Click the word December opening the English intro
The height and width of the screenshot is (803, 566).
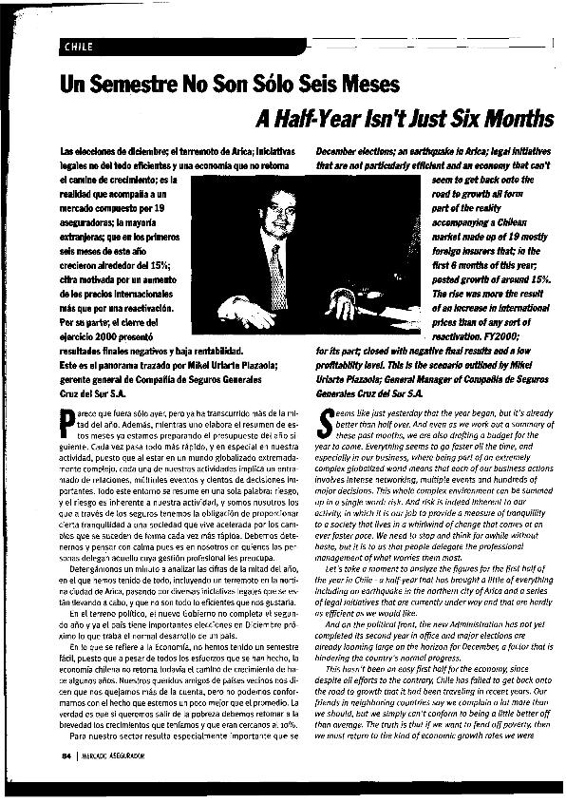(x=339, y=152)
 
